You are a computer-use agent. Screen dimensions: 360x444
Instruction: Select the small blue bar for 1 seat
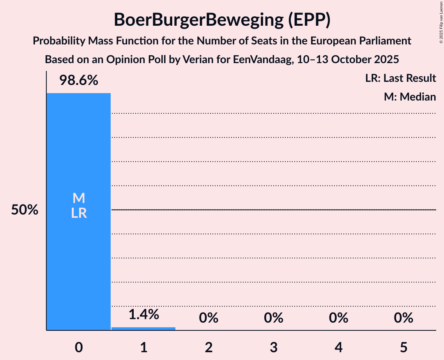pyautogui.click(x=143, y=328)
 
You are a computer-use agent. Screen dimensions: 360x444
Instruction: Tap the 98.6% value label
pyautogui.click(x=78, y=81)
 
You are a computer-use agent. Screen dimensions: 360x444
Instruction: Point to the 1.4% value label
pyautogui.click(x=143, y=314)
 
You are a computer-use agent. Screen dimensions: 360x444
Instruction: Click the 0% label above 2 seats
pyautogui.click(x=209, y=318)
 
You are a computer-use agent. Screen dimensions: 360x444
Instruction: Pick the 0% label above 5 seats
pyautogui.click(x=403, y=318)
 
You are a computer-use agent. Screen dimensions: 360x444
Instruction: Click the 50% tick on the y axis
pyautogui.click(x=25, y=210)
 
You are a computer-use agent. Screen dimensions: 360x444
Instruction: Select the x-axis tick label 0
pyautogui.click(x=78, y=347)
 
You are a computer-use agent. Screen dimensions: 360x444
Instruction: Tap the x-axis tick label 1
pyautogui.click(x=143, y=347)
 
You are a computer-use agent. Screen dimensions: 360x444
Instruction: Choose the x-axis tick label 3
pyautogui.click(x=273, y=347)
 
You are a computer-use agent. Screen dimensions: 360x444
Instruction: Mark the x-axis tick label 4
pyautogui.click(x=338, y=347)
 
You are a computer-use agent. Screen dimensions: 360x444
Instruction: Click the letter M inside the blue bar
pyautogui.click(x=78, y=198)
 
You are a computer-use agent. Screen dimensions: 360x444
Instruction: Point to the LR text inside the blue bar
pyautogui.click(x=78, y=213)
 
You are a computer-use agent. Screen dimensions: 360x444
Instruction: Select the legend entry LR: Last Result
pyautogui.click(x=400, y=78)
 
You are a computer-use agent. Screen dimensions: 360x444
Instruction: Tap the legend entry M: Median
pyautogui.click(x=410, y=97)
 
